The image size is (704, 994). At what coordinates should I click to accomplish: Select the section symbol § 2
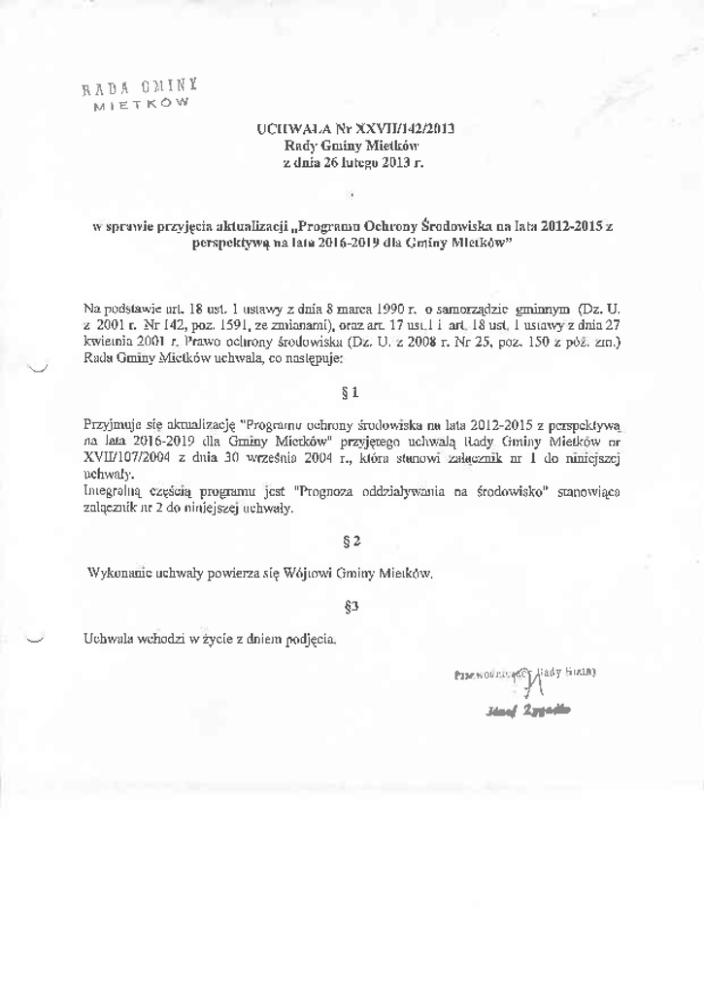tap(352, 539)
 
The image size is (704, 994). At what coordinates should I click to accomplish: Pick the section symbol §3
tap(352, 607)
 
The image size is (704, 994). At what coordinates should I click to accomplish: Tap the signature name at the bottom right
tap(530, 711)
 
